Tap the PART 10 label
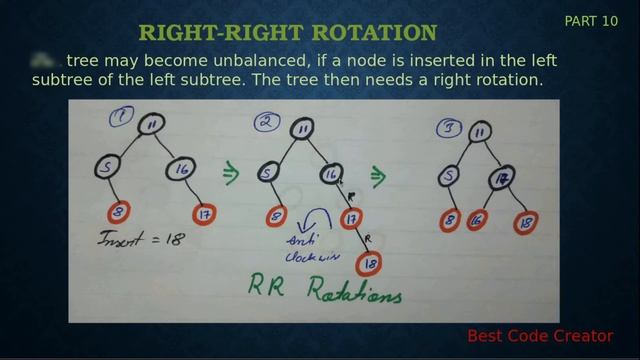tap(591, 21)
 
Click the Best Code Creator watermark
tap(539, 336)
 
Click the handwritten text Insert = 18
tap(140, 240)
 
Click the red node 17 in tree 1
tap(204, 213)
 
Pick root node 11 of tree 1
tap(150, 125)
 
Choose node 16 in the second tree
tap(331, 174)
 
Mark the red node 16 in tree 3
tap(477, 221)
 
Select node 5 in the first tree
tap(105, 168)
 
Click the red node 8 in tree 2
tap(275, 215)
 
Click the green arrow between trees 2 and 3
tap(378, 177)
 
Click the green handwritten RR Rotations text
tap(325, 290)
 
